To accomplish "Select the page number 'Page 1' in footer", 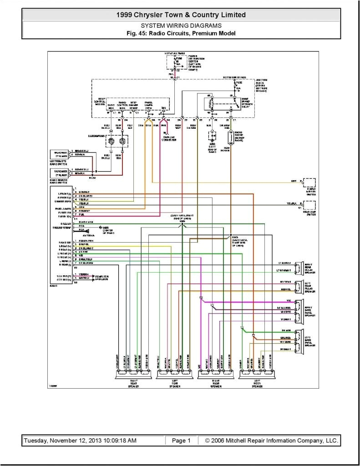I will (x=181, y=441).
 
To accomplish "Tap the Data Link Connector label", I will (x=169, y=138).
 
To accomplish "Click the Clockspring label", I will (x=97, y=135).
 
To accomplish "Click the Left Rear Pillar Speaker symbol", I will (x=299, y=286).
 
